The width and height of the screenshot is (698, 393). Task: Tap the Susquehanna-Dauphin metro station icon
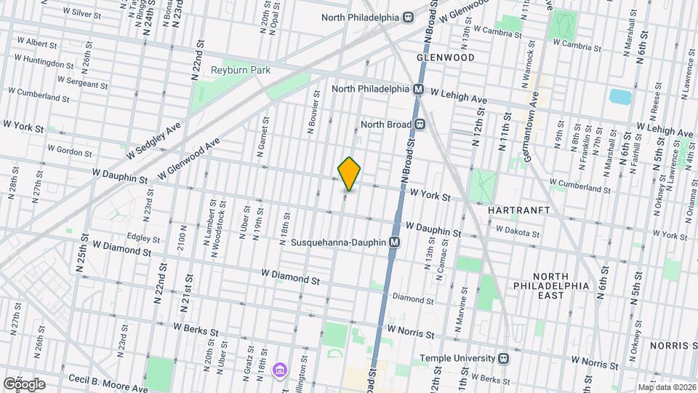tap(395, 242)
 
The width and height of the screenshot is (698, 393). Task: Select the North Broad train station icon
tap(420, 124)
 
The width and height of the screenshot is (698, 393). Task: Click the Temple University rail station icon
tap(503, 358)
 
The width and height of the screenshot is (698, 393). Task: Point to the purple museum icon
tap(279, 371)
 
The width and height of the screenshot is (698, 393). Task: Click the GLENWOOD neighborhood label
tap(446, 57)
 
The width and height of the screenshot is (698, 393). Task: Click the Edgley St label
tap(143, 238)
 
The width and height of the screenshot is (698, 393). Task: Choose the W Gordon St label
tap(70, 150)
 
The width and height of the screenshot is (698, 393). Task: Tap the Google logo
tap(24, 384)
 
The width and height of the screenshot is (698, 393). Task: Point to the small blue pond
tap(620, 96)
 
